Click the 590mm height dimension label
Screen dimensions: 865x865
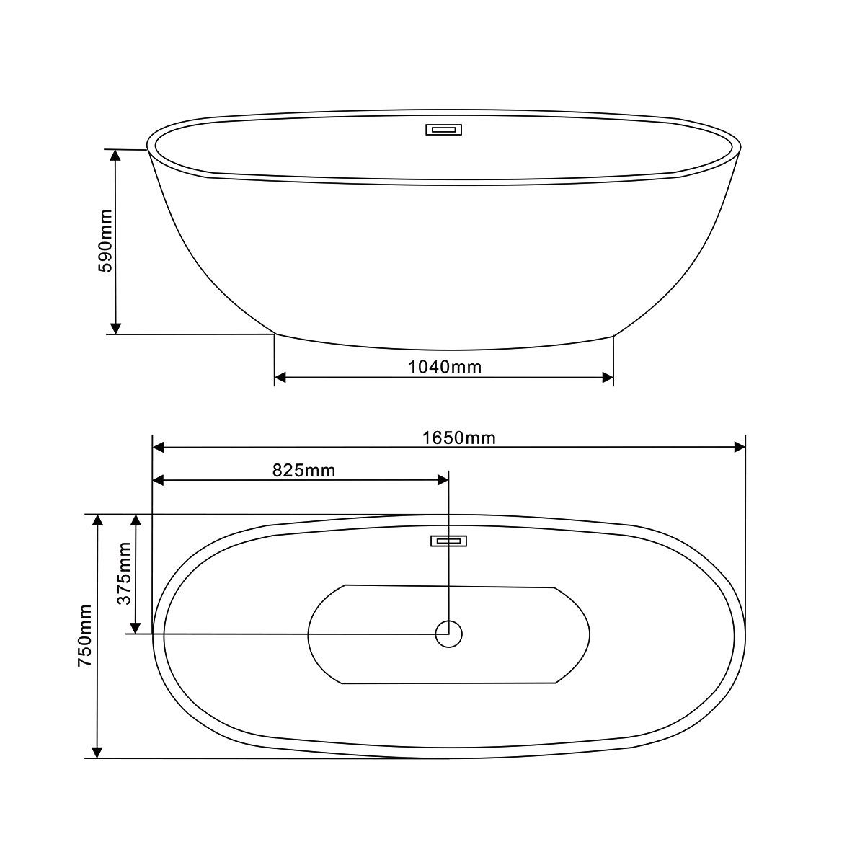pos(106,241)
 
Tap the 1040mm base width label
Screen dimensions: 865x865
pos(445,367)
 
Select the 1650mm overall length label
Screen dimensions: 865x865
pos(458,438)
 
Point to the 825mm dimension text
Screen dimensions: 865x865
pos(304,471)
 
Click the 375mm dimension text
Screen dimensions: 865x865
pos(124,573)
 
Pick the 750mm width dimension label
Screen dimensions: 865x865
pos(85,635)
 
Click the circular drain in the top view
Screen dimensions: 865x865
pos(448,634)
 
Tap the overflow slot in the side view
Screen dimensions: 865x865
pos(443,130)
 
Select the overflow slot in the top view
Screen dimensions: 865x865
pos(448,541)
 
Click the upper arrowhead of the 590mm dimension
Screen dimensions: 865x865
pos(116,155)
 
